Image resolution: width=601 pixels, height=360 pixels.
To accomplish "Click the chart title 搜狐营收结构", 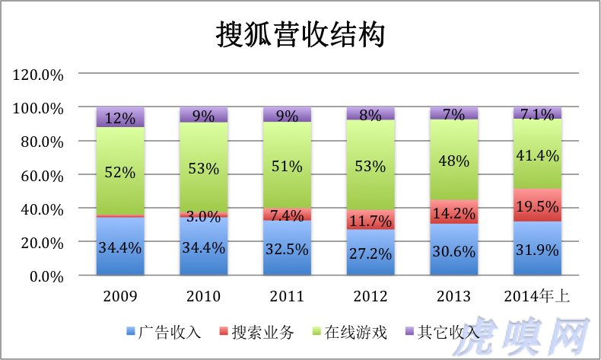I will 300,35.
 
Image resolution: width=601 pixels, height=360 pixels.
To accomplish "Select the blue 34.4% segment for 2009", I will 120,246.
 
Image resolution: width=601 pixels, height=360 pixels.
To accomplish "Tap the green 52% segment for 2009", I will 120,172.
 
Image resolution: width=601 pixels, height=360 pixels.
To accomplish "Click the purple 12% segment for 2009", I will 120,117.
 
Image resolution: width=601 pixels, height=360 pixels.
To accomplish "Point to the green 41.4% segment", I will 538,155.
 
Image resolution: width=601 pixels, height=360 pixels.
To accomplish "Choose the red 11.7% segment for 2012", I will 370,220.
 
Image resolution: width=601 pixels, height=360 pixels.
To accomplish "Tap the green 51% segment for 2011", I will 287,165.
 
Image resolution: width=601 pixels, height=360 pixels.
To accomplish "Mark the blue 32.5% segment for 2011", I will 287,248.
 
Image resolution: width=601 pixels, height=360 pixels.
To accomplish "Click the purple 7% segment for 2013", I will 454,113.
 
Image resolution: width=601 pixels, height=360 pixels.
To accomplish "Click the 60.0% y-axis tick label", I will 40,175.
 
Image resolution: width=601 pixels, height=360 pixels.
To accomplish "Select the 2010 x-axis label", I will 203,296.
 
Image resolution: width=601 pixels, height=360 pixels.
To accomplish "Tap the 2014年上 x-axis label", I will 538,296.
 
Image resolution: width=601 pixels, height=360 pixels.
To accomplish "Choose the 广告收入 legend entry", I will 170,332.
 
